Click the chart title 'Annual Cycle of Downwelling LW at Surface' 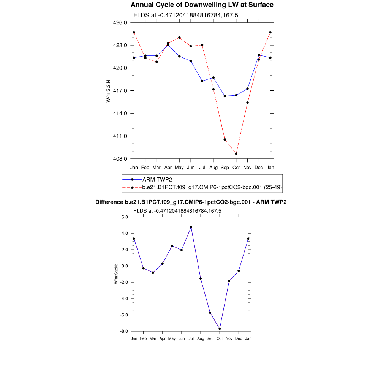[202, 5]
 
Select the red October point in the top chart [236, 153]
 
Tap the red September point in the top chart [225, 139]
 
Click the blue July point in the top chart [202, 81]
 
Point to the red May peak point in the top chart [179, 38]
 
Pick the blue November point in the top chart [248, 89]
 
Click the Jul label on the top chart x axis [202, 167]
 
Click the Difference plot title [191, 202]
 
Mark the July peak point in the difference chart [191, 227]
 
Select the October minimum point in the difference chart [220, 329]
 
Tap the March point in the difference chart [153, 272]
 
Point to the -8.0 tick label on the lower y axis [125, 331]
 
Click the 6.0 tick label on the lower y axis [125, 217]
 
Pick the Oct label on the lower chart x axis [220, 338]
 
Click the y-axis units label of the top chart [108, 90]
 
